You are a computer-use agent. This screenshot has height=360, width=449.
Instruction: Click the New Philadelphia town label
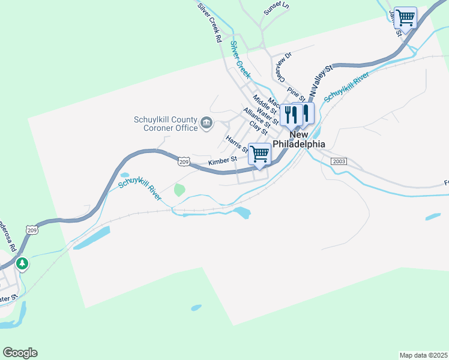point(299,140)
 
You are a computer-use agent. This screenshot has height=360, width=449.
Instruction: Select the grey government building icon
point(206,124)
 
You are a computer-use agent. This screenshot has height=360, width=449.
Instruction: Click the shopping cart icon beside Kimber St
point(259,154)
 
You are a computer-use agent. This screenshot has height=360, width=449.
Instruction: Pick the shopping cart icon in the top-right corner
point(406,17)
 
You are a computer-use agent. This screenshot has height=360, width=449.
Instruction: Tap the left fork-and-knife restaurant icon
point(291,114)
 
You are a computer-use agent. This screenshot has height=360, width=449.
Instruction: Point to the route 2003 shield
point(338,161)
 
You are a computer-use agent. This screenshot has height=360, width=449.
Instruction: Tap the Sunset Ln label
point(276,8)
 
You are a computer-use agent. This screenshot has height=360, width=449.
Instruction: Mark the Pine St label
point(296,94)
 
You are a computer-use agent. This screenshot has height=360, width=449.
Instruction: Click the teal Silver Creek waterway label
point(240,60)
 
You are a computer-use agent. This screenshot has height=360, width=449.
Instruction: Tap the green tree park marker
point(22,263)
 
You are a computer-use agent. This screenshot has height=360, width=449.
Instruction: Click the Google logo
point(20,353)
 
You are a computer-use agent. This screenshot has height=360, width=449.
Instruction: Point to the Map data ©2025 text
point(423,355)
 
